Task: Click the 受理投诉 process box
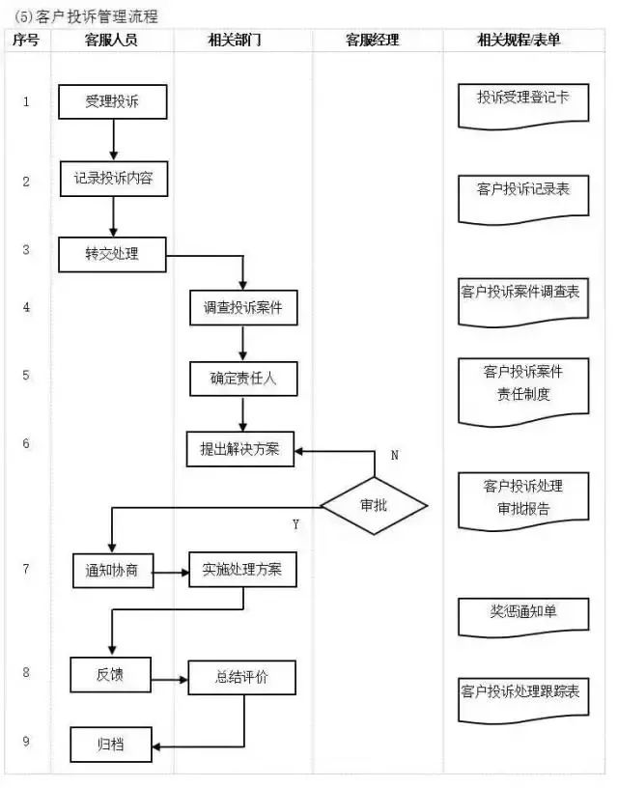coord(113,100)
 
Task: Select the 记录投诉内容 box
coord(113,179)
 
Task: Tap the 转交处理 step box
coord(112,254)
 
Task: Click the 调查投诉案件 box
coord(242,307)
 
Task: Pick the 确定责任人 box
coord(242,379)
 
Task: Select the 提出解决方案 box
coord(239,449)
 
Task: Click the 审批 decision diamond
coord(374,505)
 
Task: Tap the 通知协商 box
coord(112,570)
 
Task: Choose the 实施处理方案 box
coord(242,569)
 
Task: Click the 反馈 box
coord(110,673)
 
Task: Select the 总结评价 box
coord(242,678)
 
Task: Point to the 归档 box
coord(110,745)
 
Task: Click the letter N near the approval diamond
coord(395,454)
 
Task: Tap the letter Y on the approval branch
coord(295,523)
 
